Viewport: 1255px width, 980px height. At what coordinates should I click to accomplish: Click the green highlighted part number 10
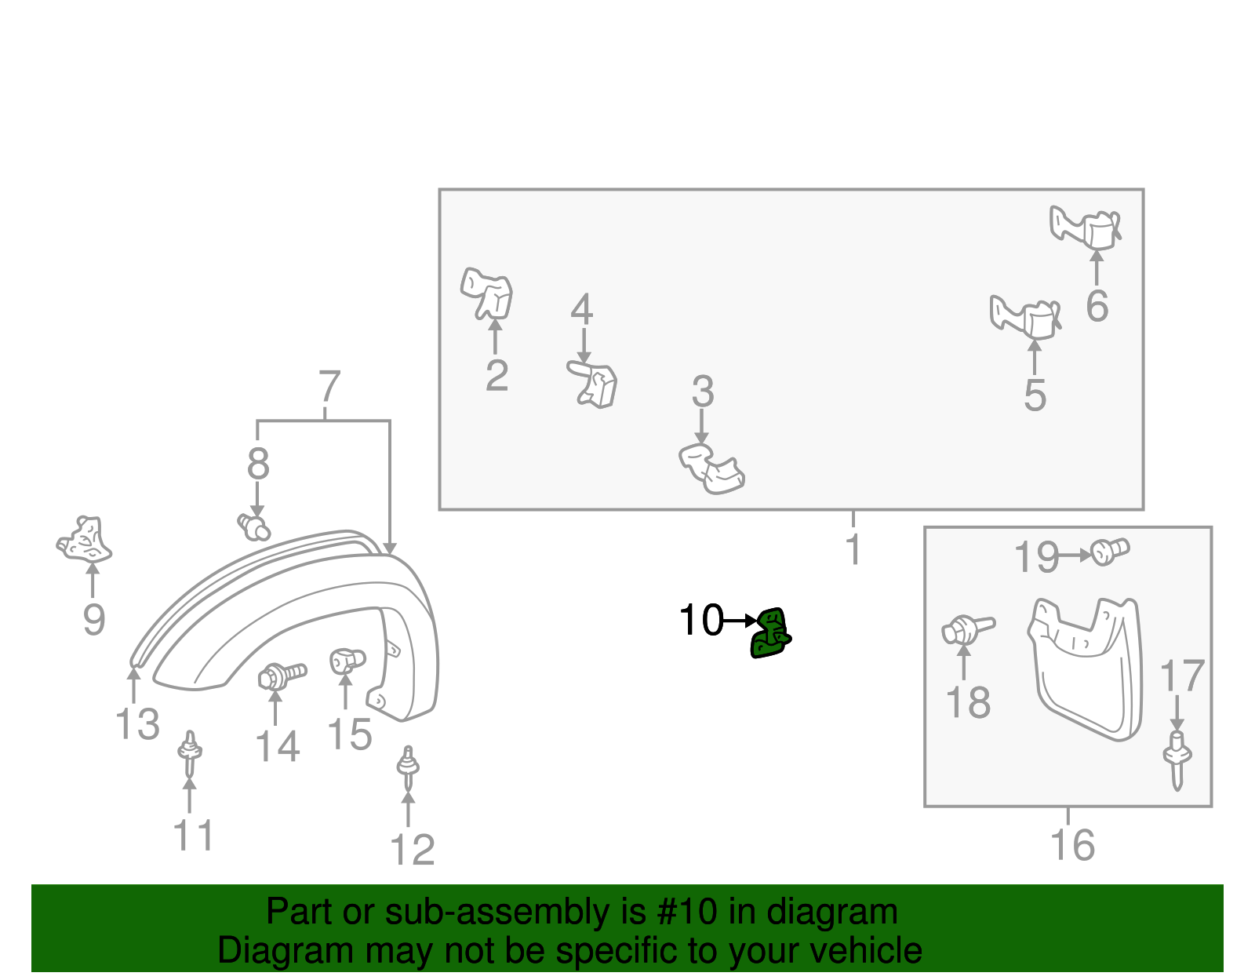[769, 634]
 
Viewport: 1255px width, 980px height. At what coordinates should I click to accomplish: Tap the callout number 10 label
[700, 621]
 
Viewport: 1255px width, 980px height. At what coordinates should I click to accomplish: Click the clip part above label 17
[1177, 759]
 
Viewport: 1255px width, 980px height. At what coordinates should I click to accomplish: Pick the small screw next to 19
[1109, 551]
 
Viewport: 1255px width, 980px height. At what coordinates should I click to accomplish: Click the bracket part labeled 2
[487, 293]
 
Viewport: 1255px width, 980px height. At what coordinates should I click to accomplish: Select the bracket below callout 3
[712, 469]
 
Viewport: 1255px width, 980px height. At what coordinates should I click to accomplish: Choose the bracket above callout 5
[1026, 316]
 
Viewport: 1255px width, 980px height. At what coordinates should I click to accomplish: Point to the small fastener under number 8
[253, 526]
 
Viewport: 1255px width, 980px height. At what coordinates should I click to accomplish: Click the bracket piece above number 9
[85, 540]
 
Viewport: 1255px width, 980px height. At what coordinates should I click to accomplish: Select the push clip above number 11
[189, 754]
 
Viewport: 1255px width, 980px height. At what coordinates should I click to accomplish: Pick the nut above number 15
[346, 660]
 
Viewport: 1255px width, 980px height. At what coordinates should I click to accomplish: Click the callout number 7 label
[329, 388]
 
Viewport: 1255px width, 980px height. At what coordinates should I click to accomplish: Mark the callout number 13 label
[137, 723]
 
